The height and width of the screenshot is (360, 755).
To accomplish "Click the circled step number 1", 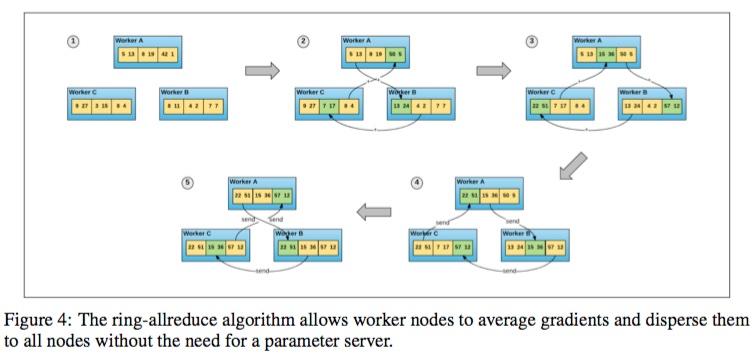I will (72, 41).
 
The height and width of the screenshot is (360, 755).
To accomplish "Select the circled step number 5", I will (186, 183).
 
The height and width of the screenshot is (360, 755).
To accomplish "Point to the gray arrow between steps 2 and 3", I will (493, 70).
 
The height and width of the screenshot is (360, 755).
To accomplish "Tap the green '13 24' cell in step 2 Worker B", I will (401, 103).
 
